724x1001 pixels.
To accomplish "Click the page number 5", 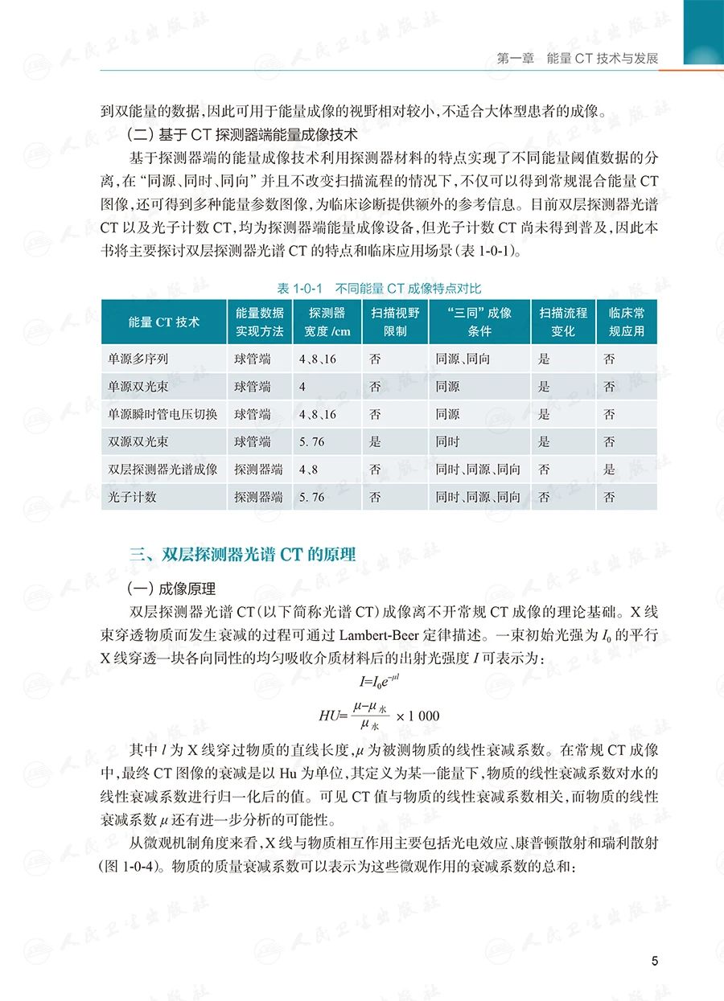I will tap(655, 961).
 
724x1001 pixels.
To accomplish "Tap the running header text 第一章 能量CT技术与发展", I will tap(578, 59).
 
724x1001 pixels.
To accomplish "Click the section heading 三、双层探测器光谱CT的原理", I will tap(242, 554).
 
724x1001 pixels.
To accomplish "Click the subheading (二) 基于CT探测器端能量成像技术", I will tap(242, 133).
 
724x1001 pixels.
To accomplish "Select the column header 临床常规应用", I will tap(626, 322).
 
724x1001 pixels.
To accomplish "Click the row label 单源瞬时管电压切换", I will tap(162, 414).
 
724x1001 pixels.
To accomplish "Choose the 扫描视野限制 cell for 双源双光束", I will tap(375, 441).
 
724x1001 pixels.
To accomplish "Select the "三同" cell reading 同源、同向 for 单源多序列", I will tap(462, 359).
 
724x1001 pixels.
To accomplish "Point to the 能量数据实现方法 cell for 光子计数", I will tap(258, 497).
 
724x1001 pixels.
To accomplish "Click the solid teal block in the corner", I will tap(703, 31).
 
